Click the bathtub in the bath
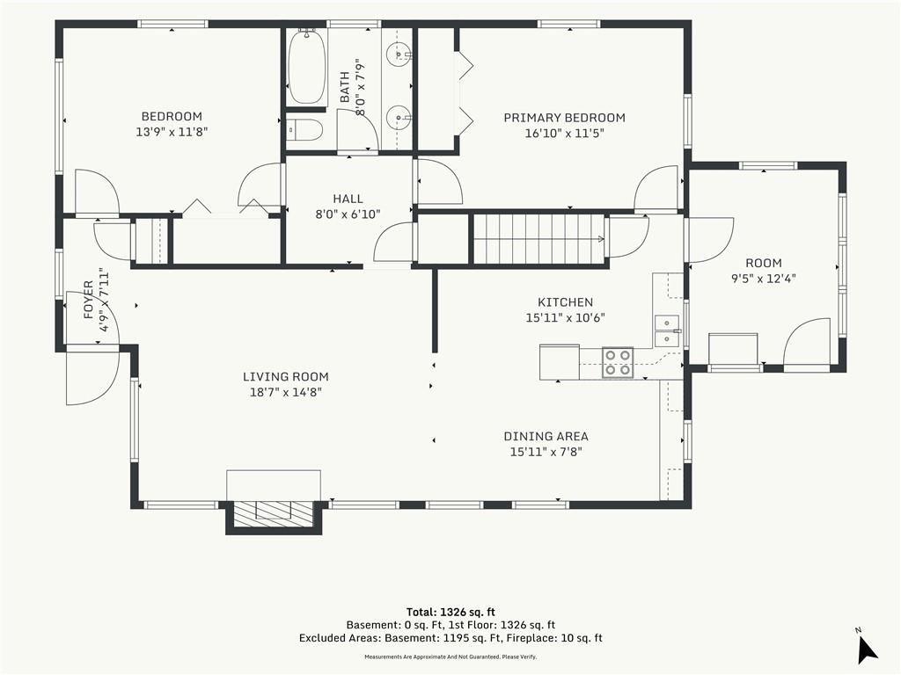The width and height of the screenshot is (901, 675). coord(307,67)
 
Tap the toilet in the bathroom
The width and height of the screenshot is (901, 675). coord(304,130)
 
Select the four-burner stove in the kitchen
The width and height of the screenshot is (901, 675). coord(618,363)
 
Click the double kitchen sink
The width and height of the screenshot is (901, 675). coord(667,331)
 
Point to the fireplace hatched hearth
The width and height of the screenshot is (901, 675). coord(273,511)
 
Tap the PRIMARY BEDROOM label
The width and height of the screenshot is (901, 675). coord(564,118)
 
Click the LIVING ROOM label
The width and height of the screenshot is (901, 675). coord(286,376)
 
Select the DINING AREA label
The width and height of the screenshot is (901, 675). coord(546,436)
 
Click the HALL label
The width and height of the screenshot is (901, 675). coord(348,199)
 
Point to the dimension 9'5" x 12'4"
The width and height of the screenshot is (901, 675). coord(763,279)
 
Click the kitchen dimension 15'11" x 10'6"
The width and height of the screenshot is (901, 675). coord(566,317)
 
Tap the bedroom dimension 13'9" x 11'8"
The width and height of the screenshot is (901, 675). coord(172,132)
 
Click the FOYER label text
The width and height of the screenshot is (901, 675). coord(89,300)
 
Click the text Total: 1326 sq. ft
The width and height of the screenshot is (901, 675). coord(450,612)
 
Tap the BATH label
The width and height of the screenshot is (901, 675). coord(344,87)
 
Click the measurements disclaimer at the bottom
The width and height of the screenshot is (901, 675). coord(450,657)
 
